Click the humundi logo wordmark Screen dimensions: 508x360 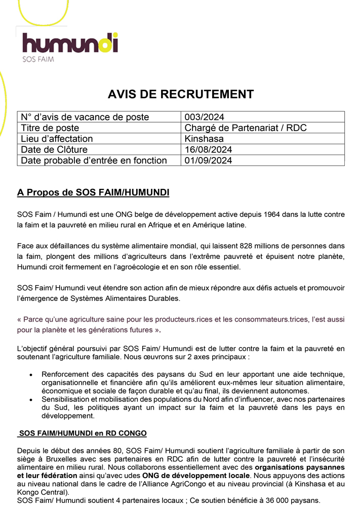pos(70,44)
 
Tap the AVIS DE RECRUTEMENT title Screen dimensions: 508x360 pos(181,94)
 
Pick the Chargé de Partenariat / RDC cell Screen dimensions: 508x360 pos(246,128)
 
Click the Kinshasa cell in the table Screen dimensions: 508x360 pos(204,139)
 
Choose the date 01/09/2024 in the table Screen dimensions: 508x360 pos(208,161)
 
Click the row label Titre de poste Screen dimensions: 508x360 pos(50,128)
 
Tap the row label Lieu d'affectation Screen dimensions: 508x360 pos(57,139)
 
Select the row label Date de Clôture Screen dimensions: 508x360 pos(54,149)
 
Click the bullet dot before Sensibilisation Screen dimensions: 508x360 pos(31,400)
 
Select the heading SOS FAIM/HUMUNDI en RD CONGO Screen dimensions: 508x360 pos(83,434)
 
